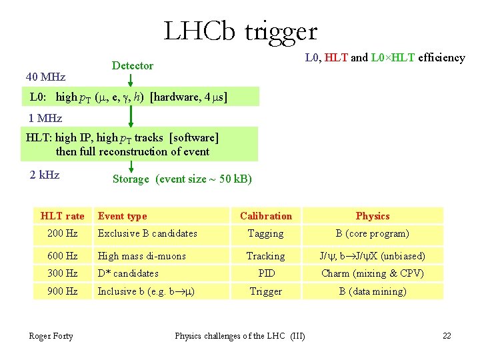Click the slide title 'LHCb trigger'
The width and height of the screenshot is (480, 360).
tap(241, 31)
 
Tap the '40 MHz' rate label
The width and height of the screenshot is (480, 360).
tap(45, 77)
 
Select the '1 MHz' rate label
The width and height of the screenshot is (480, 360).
tap(45, 118)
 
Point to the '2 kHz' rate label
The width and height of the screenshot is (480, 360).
tap(45, 175)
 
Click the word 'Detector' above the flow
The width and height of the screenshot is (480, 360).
tap(133, 65)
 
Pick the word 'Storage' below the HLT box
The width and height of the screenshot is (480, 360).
tap(131, 179)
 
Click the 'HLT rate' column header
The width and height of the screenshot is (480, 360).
tap(63, 216)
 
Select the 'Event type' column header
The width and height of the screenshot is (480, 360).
tap(122, 216)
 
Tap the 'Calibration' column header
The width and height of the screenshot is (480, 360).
tap(265, 216)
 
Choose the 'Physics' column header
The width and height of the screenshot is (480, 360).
tap(373, 216)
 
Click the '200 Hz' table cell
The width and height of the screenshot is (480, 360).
tap(63, 233)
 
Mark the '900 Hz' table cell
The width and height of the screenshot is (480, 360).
tap(63, 291)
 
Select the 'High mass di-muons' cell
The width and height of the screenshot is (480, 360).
tap(142, 256)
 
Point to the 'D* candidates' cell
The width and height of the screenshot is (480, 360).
tap(128, 273)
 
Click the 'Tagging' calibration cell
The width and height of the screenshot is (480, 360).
tap(265, 233)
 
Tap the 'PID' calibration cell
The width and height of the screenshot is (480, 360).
tap(265, 273)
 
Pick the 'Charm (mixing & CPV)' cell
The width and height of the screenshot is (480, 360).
tap(373, 273)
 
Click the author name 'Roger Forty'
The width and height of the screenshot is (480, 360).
tap(51, 335)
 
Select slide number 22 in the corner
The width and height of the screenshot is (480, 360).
tap(447, 335)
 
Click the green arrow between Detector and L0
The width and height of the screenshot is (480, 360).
tap(131, 79)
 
